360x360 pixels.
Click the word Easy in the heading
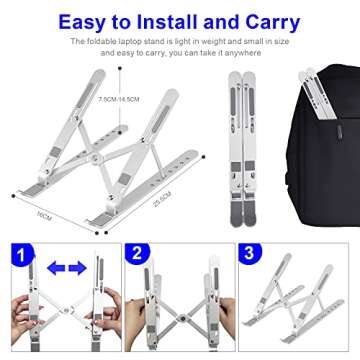tap(85, 20)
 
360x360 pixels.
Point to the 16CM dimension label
tap(41, 213)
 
